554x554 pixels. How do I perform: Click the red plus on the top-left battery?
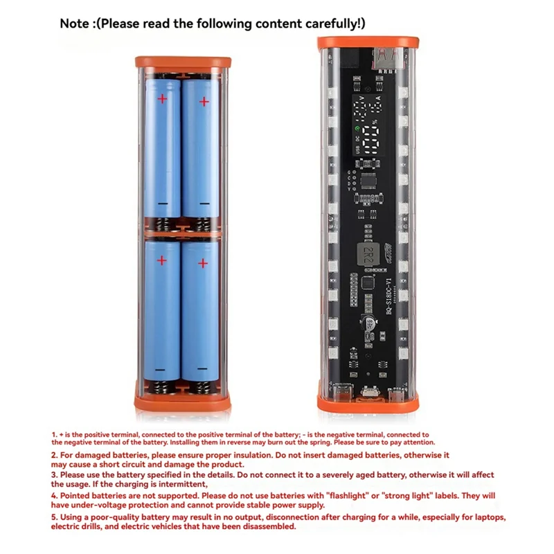coord(163,99)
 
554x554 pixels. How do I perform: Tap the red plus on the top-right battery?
coord(204,102)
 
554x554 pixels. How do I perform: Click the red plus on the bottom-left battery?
coord(162,261)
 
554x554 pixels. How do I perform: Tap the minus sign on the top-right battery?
coord(204,204)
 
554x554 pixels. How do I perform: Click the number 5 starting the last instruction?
coord(54,517)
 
